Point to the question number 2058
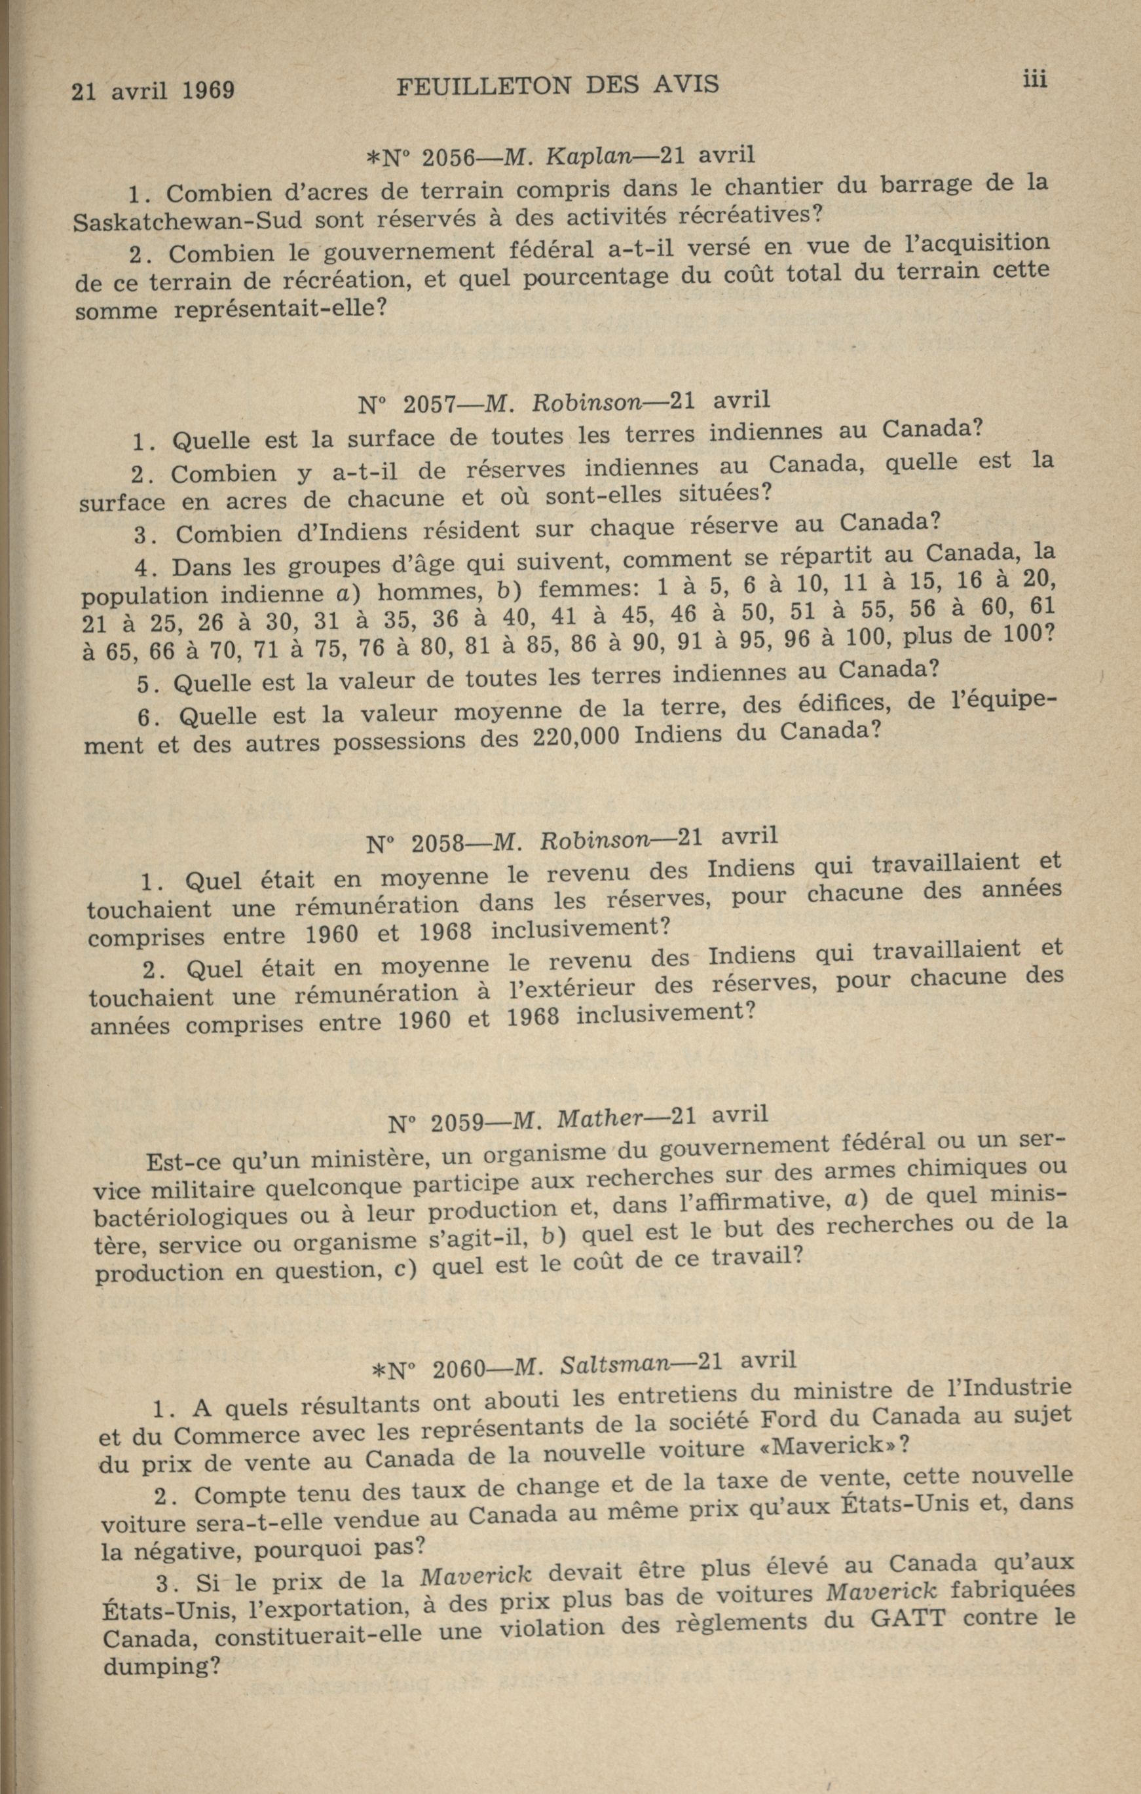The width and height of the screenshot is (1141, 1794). (x=438, y=843)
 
